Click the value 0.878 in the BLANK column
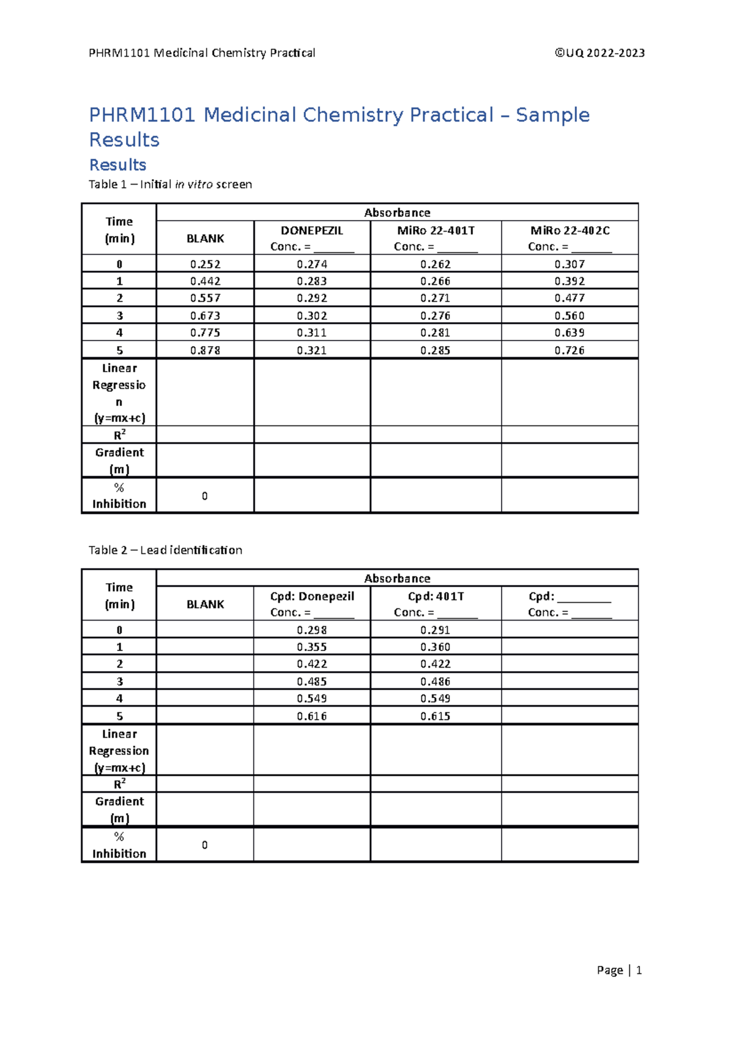click(205, 350)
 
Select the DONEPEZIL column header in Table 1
click(312, 230)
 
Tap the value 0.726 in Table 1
click(569, 350)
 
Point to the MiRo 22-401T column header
click(436, 230)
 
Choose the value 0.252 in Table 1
click(205, 264)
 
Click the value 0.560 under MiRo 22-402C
click(569, 315)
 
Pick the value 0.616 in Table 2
click(312, 716)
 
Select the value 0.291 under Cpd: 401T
click(436, 630)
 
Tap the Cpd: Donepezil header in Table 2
click(312, 596)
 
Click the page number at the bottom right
click(639, 970)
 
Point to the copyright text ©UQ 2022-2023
click(599, 53)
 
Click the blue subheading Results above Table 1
click(117, 165)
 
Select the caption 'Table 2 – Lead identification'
click(165, 550)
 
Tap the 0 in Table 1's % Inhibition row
click(205, 496)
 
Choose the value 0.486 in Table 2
click(436, 681)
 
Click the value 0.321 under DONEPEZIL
click(312, 350)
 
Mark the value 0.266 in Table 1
click(436, 281)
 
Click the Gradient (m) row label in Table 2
click(119, 809)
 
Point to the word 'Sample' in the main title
click(552, 115)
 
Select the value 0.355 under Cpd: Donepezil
click(312, 647)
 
